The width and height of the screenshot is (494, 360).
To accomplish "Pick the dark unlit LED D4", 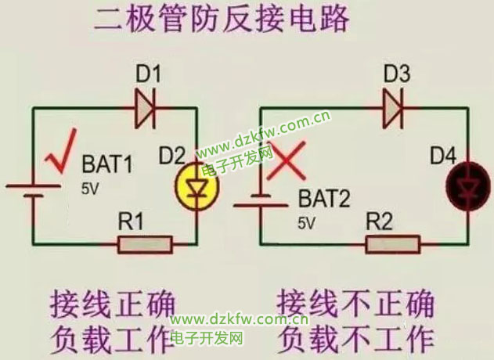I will coord(467,186).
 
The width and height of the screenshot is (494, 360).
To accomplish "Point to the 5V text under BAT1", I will coord(91,189).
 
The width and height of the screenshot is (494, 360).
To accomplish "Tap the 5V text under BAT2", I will coord(306,223).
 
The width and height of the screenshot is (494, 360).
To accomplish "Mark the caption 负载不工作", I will coord(356,338).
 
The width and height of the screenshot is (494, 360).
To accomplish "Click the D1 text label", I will coord(148,76).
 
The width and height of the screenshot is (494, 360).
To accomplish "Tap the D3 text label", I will coord(397,76).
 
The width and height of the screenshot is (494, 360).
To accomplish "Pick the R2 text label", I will coord(380,222).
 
